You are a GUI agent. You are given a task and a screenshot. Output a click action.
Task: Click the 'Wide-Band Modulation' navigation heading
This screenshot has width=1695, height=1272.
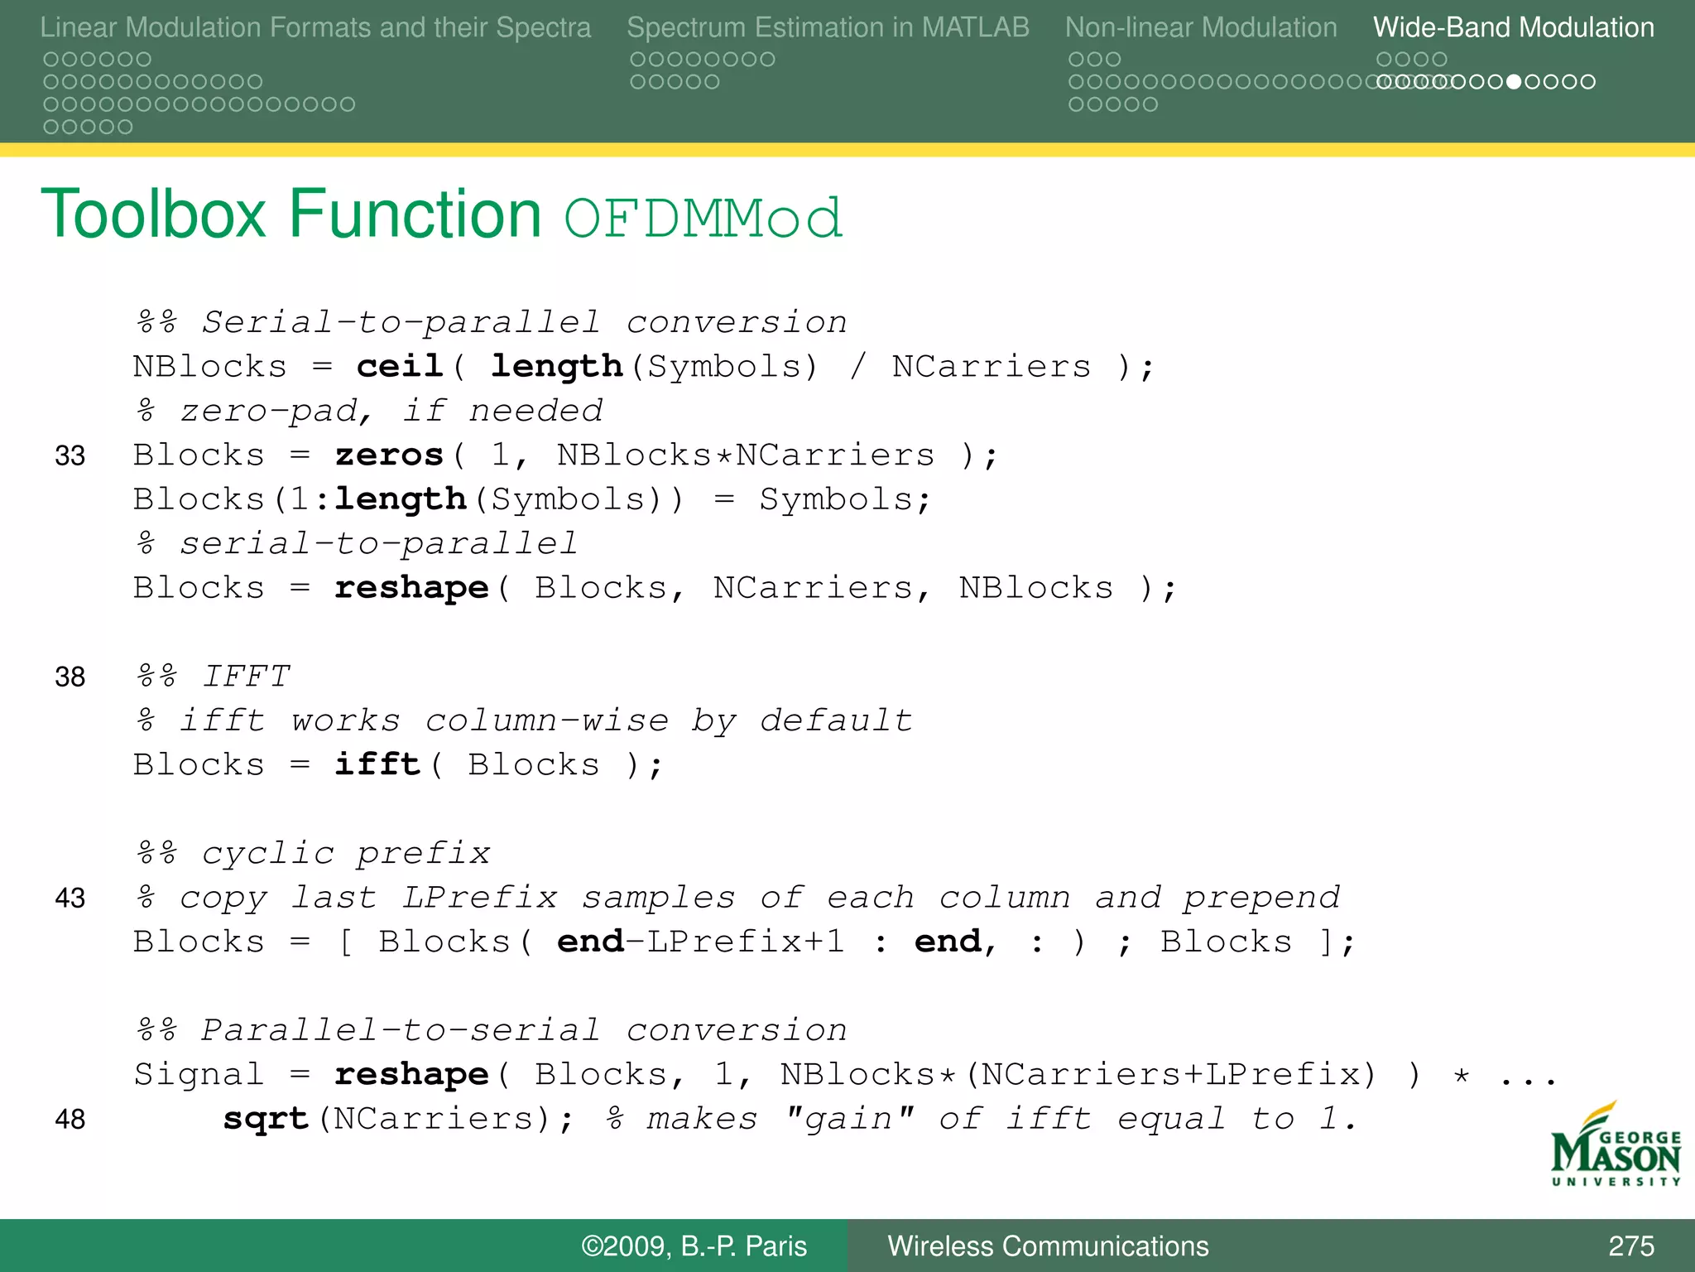point(1513,28)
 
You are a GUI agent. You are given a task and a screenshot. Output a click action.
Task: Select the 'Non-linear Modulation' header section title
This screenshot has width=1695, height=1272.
point(1200,28)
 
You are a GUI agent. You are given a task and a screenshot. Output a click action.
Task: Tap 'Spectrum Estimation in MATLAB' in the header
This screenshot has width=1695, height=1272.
point(828,28)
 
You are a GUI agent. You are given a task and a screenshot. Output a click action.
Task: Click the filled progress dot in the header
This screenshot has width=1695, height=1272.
point(1514,82)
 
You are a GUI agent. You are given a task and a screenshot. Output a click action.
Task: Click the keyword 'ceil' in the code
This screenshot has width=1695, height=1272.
point(400,366)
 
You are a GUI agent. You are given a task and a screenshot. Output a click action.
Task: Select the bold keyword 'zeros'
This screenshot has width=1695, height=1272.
point(389,455)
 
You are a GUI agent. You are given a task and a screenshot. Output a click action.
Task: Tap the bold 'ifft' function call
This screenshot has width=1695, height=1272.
point(377,764)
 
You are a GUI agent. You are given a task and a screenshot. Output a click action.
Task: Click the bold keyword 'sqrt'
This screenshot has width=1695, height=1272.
point(266,1119)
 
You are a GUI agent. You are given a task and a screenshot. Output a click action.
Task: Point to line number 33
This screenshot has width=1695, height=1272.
point(70,455)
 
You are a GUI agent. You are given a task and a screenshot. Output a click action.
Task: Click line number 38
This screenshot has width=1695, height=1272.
point(70,677)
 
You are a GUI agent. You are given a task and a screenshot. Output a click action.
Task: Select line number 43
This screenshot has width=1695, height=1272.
point(70,898)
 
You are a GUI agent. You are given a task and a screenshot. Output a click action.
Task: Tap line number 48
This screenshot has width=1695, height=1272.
point(70,1119)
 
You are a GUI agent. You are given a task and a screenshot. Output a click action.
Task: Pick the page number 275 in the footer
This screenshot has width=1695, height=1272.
point(1630,1246)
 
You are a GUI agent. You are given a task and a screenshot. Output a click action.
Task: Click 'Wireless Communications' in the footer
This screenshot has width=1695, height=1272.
point(1048,1246)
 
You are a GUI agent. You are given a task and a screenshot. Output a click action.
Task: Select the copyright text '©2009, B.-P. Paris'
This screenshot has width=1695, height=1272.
point(694,1246)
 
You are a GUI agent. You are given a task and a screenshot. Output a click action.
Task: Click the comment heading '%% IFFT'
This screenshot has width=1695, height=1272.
point(214,677)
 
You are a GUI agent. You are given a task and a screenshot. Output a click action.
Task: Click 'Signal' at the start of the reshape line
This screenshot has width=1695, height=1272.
point(199,1075)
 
